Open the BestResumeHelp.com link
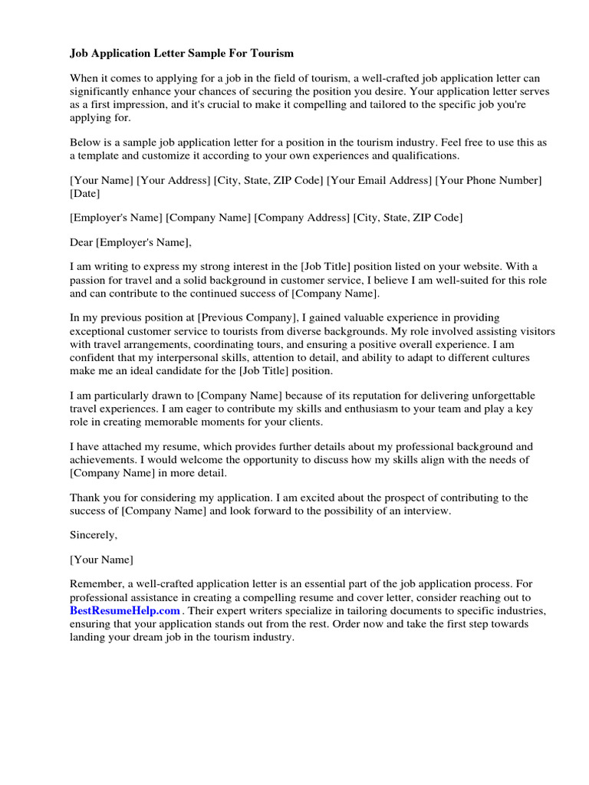[125, 610]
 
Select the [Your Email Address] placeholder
[379, 180]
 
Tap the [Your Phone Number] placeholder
[489, 180]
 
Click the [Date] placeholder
[85, 194]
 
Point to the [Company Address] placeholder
[301, 218]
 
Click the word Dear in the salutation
[81, 242]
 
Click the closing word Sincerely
[94, 534]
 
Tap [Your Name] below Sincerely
[101, 559]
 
